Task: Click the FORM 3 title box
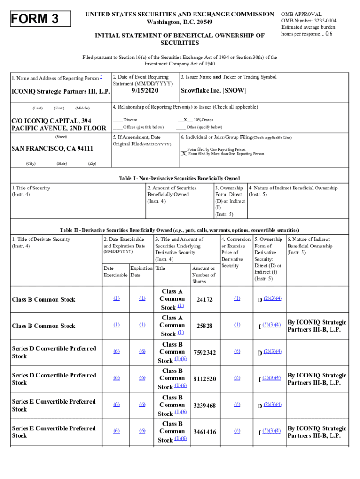[41, 19]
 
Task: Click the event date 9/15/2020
[145, 91]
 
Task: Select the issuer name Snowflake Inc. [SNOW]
[213, 91]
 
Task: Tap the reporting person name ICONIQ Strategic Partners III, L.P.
[60, 91]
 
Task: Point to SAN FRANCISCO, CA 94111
[52, 149]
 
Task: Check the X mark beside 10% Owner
[186, 120]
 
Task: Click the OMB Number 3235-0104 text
[309, 21]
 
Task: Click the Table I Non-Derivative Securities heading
[180, 178]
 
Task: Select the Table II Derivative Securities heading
[179, 230]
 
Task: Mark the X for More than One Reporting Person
[184, 154]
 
